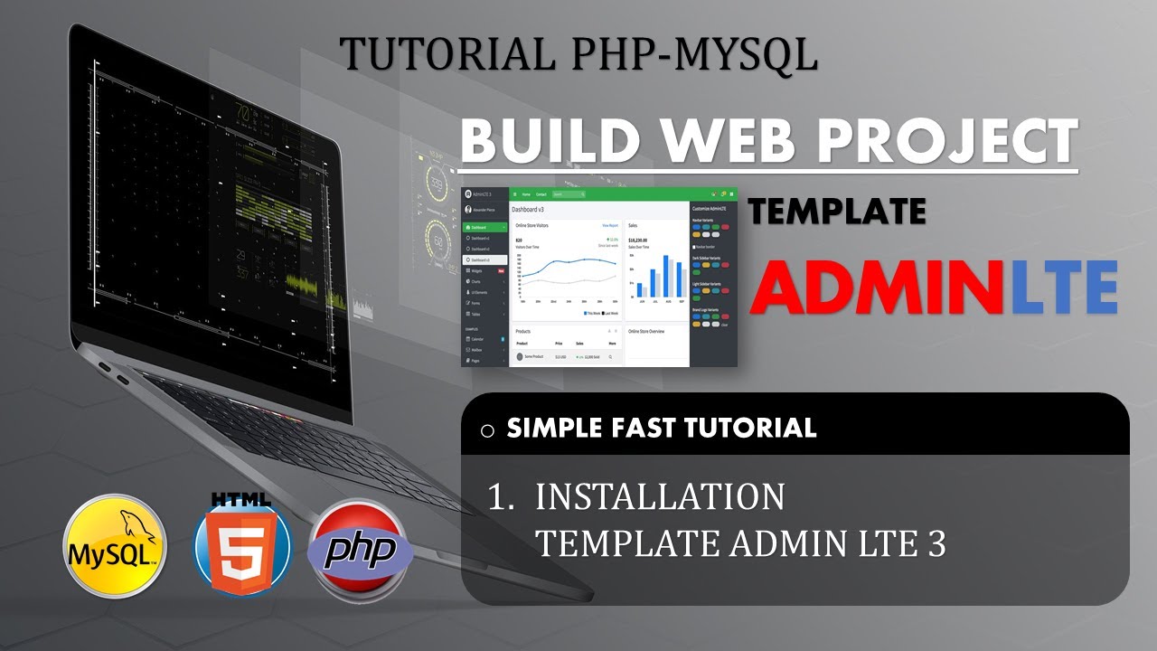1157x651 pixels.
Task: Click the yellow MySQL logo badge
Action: tap(115, 546)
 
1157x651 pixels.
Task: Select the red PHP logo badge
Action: tap(361, 547)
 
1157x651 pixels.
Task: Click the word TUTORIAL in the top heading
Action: tap(448, 54)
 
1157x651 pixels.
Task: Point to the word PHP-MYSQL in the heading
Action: tap(695, 54)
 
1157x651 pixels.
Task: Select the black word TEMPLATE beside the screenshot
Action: tap(837, 212)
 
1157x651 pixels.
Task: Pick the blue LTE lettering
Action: tap(1065, 288)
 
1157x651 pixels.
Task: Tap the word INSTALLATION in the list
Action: tap(660, 496)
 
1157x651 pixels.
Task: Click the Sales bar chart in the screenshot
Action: tap(656, 276)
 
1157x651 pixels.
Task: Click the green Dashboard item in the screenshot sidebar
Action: tap(484, 227)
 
